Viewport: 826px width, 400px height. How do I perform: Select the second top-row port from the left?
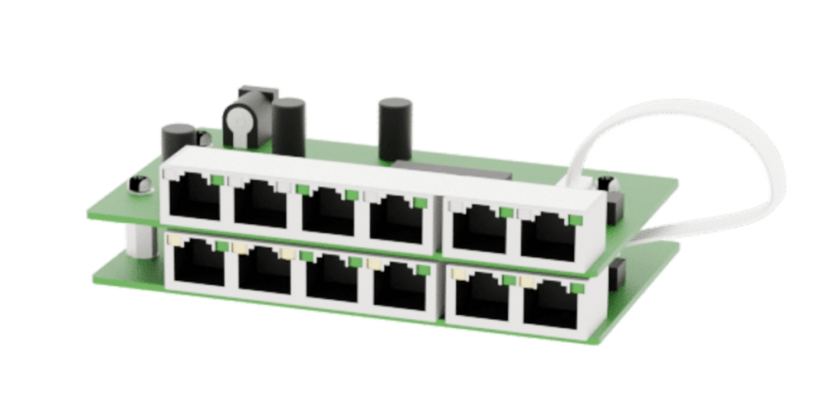click(x=260, y=203)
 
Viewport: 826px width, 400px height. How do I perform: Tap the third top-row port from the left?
click(x=327, y=211)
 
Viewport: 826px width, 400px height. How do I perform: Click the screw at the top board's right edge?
click(x=605, y=183)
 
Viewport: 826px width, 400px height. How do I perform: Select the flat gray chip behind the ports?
click(x=454, y=171)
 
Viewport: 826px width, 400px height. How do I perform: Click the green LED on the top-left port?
click(x=216, y=179)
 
